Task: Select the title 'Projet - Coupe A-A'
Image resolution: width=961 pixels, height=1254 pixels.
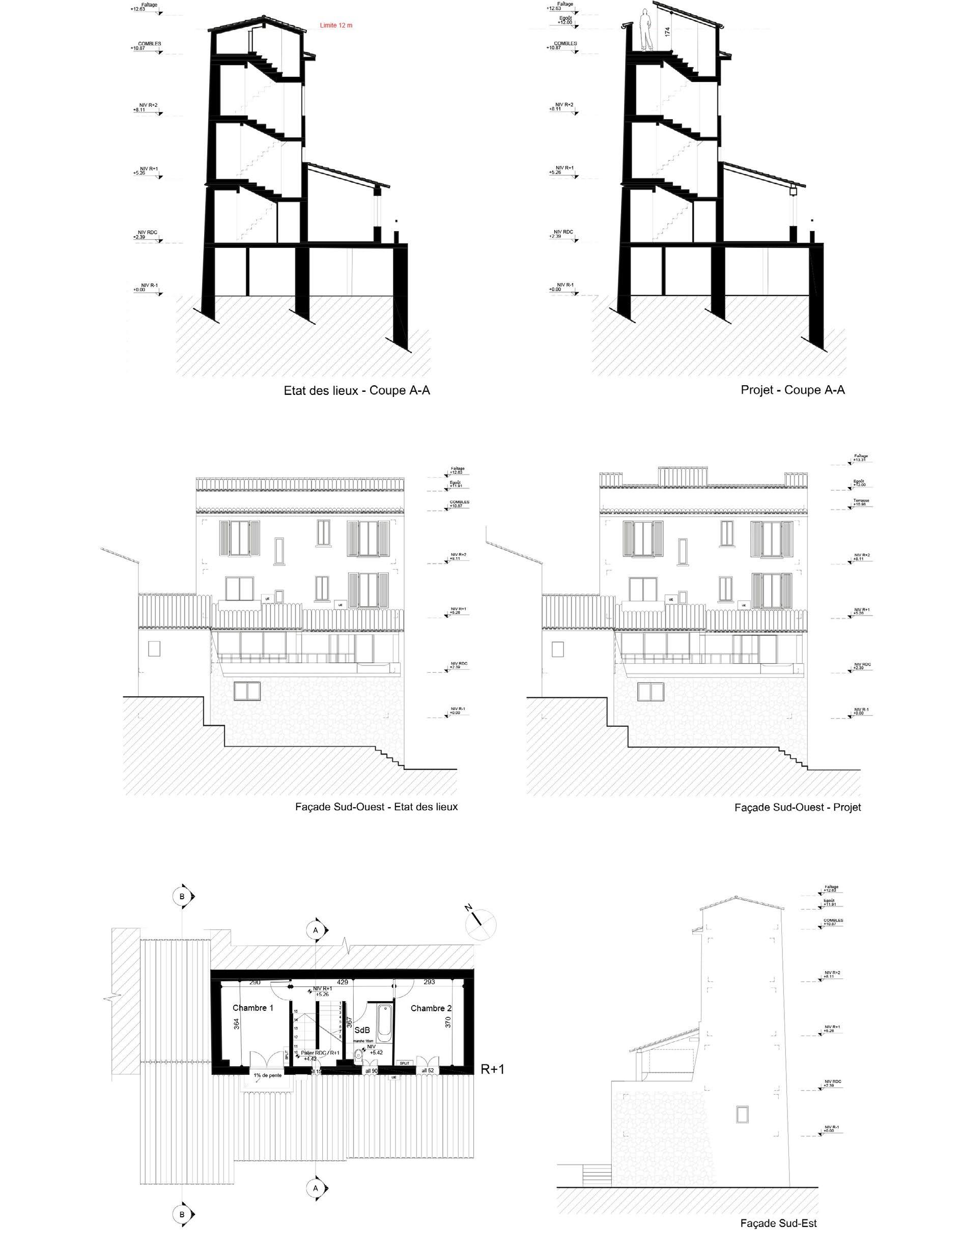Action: pos(792,390)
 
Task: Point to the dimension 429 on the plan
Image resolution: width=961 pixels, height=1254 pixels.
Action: pos(342,982)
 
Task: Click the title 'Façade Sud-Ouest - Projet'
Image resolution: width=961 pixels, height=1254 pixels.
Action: pos(798,807)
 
